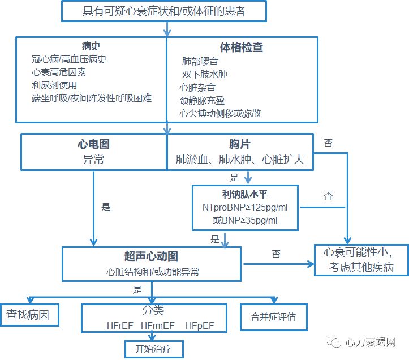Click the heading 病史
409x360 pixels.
(x=91, y=46)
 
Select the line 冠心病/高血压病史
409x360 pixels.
(x=69, y=59)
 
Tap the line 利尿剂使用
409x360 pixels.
(x=54, y=85)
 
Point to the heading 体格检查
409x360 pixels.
(x=242, y=48)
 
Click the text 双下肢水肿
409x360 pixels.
(x=204, y=74)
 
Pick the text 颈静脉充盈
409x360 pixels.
(x=202, y=100)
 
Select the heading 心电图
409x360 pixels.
(x=93, y=145)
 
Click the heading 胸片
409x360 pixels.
(x=240, y=145)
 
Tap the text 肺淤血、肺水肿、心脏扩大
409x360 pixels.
(x=240, y=160)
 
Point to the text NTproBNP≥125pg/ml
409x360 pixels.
(x=245, y=208)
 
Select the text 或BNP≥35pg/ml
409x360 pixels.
(x=245, y=220)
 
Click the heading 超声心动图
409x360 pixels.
(x=152, y=256)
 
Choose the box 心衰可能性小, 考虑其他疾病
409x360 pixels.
(x=358, y=259)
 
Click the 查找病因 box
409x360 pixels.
(x=32, y=315)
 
